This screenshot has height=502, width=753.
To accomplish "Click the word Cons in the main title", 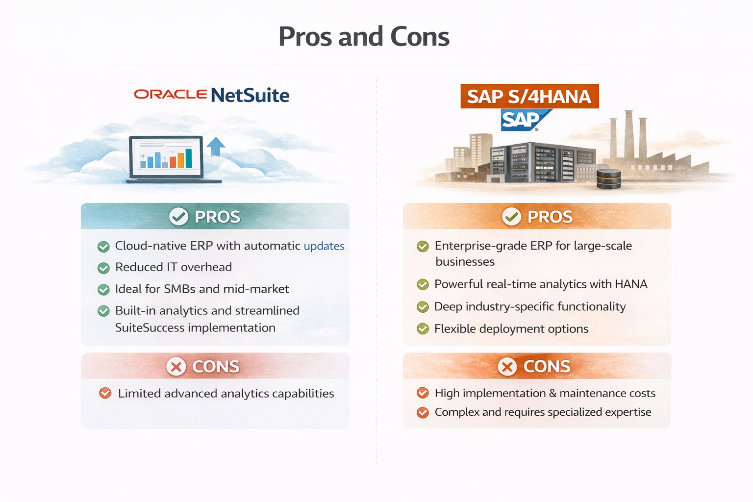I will tap(420, 37).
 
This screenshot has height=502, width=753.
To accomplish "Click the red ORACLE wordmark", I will tap(170, 94).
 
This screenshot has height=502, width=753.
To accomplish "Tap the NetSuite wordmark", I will tap(250, 95).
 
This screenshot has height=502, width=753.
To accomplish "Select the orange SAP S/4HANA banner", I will tap(529, 97).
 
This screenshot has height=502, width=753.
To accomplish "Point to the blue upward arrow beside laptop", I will tap(216, 146).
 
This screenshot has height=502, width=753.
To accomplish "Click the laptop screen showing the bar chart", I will tap(166, 156).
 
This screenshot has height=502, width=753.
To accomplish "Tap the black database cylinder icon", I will tap(609, 179).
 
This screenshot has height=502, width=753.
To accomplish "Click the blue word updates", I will tap(324, 246).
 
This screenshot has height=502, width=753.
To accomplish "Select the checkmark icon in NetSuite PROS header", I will tap(178, 216).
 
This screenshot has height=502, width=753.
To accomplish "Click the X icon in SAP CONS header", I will tap(507, 367).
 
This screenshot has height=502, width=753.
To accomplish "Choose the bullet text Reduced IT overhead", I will tap(173, 267).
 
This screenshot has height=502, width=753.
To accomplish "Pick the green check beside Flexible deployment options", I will tap(423, 329).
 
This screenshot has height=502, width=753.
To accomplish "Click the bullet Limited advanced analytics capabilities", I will tap(226, 394).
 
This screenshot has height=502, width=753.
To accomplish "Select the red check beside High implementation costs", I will tap(423, 393).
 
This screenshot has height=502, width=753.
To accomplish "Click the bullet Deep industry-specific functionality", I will tap(529, 307).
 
